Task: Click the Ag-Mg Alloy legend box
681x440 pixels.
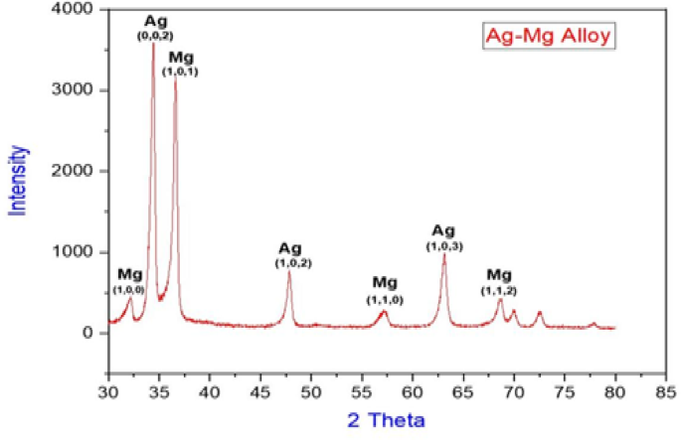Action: (x=550, y=37)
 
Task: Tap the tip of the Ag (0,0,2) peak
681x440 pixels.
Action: (x=153, y=44)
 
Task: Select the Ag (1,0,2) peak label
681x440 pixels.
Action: (x=289, y=254)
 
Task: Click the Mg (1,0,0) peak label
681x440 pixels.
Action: (x=129, y=280)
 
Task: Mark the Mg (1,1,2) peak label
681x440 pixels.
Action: (x=498, y=281)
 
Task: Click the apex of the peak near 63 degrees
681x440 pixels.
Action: (x=444, y=255)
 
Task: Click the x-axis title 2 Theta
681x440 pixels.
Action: (x=386, y=420)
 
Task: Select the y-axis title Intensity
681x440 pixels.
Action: (x=17, y=180)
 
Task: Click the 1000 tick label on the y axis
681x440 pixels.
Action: (x=76, y=252)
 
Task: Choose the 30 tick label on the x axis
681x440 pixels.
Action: (x=107, y=393)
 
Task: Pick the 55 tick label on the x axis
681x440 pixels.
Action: (x=362, y=393)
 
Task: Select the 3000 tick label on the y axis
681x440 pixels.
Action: (x=76, y=90)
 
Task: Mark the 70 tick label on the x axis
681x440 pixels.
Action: (x=514, y=393)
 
